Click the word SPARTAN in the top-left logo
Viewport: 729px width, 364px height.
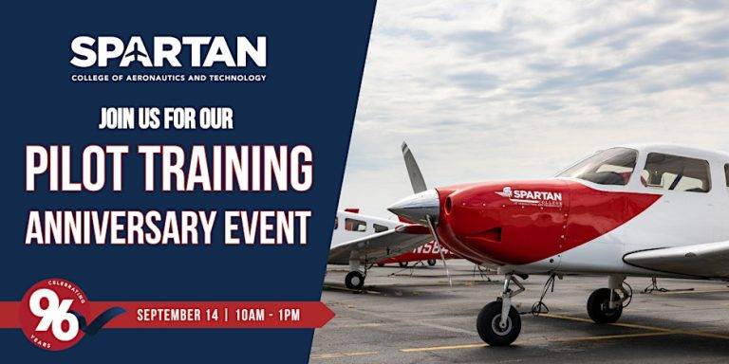click(x=168, y=52)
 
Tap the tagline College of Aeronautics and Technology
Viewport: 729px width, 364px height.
click(x=168, y=78)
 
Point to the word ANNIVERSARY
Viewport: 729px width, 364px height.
click(x=114, y=227)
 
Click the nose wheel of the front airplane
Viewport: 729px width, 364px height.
click(x=498, y=323)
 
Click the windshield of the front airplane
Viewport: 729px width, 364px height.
click(x=599, y=167)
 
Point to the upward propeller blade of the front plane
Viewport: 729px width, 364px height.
click(x=413, y=168)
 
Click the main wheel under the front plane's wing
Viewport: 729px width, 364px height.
click(x=604, y=305)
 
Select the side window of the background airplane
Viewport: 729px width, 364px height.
click(x=356, y=225)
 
